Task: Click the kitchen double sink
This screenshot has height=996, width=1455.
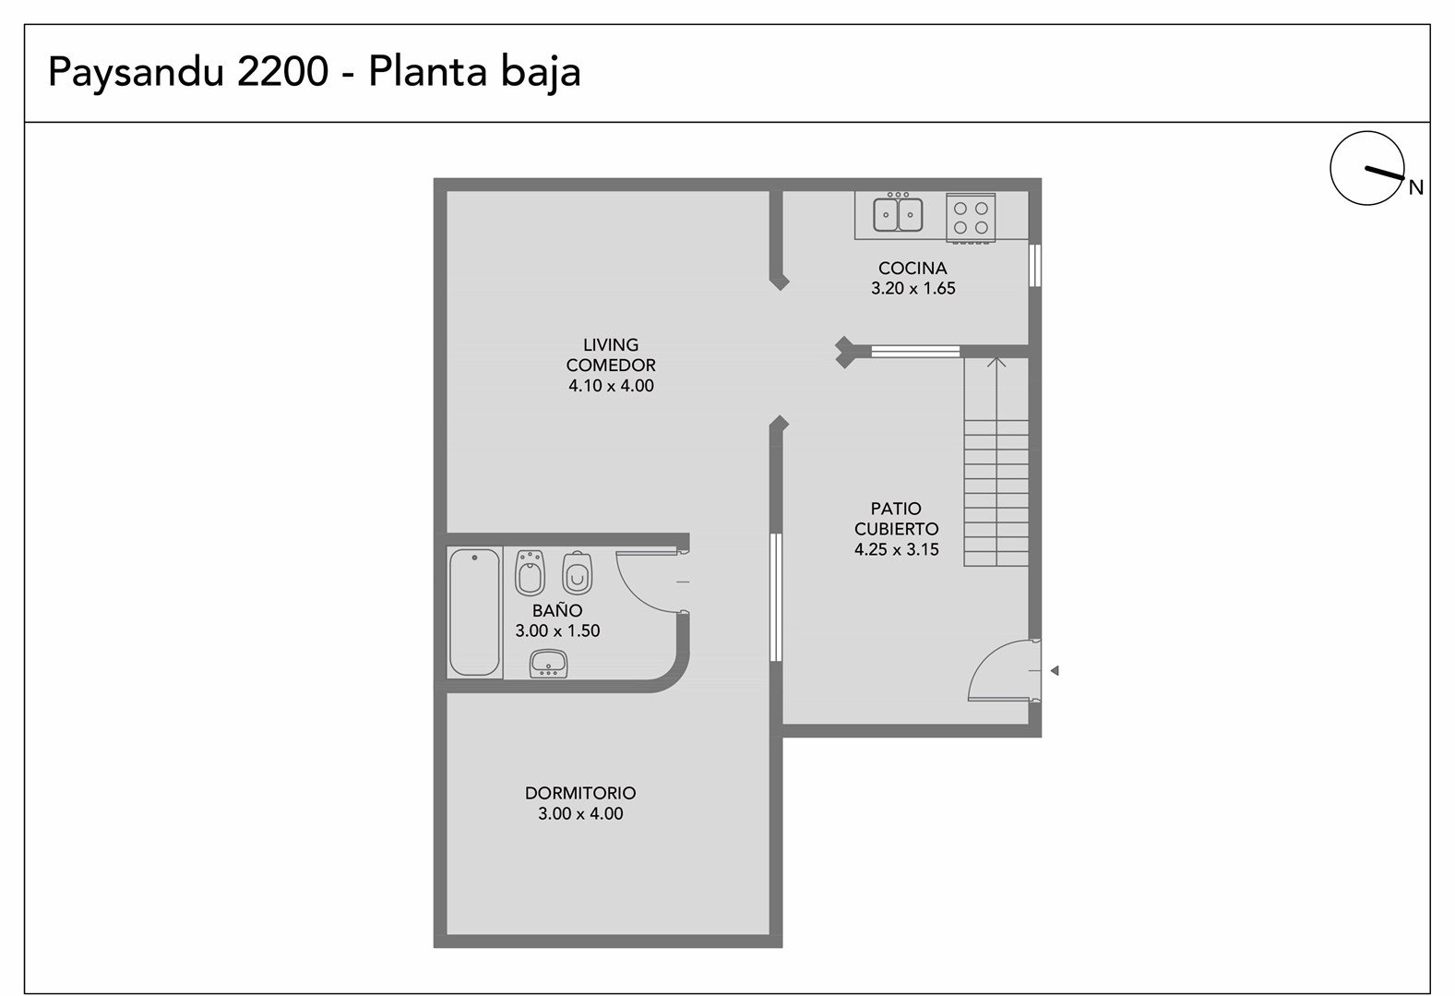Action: pyautogui.click(x=897, y=212)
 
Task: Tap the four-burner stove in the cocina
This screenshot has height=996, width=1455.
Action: pyautogui.click(x=971, y=218)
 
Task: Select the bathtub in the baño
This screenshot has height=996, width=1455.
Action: pyautogui.click(x=474, y=612)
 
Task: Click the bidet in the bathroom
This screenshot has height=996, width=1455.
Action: pyautogui.click(x=530, y=573)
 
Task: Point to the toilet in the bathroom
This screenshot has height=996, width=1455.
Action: pyautogui.click(x=577, y=573)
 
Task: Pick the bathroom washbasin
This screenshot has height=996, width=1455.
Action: pyautogui.click(x=548, y=664)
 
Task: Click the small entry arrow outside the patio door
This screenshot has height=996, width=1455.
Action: pyautogui.click(x=1055, y=670)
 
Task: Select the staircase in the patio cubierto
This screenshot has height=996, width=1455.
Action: pyautogui.click(x=996, y=462)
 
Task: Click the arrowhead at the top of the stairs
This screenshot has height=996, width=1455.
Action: pyautogui.click(x=996, y=361)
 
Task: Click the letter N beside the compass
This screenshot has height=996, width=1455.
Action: pyautogui.click(x=1416, y=187)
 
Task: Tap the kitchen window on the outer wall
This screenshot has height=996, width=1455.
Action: pyautogui.click(x=1035, y=265)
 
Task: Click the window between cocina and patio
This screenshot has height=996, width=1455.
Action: pyautogui.click(x=915, y=352)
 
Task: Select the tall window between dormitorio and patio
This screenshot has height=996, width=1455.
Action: pyautogui.click(x=776, y=598)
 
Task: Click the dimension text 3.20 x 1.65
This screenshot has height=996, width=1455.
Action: pyautogui.click(x=912, y=289)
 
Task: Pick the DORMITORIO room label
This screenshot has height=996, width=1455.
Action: pyautogui.click(x=580, y=793)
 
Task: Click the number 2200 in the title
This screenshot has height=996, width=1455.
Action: pyautogui.click(x=282, y=71)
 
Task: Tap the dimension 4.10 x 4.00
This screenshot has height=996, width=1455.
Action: pyautogui.click(x=611, y=386)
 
